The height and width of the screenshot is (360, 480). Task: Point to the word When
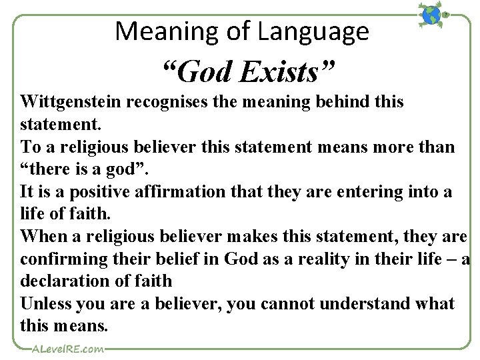[41, 236]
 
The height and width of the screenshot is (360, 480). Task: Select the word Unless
[46, 304]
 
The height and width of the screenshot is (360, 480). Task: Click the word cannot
[287, 304]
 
